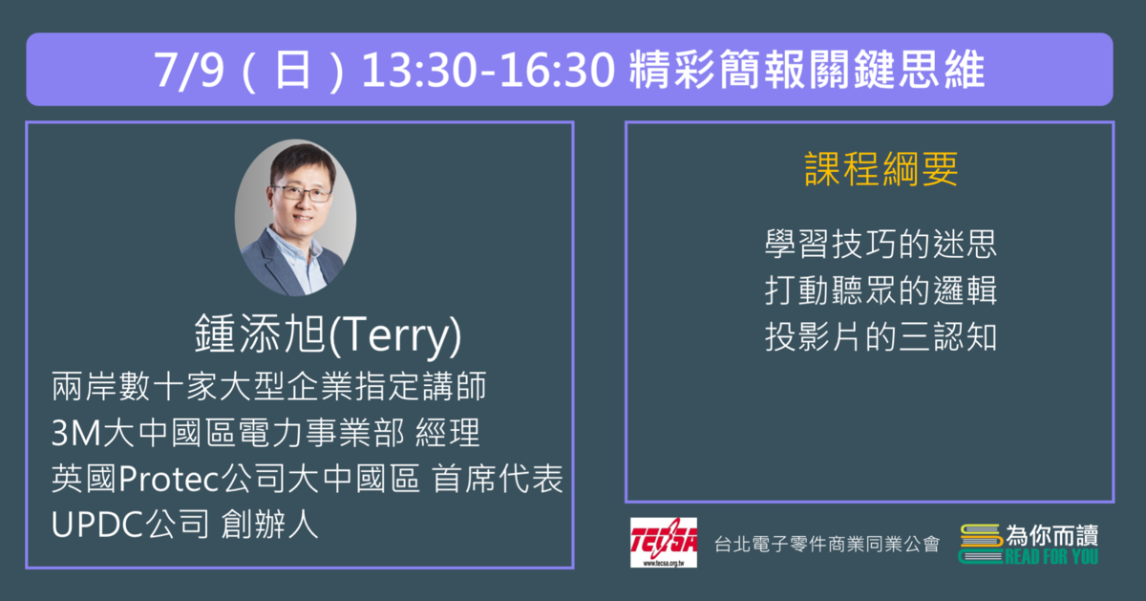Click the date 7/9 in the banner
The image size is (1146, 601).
coord(189,70)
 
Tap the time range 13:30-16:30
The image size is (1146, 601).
coord(489,70)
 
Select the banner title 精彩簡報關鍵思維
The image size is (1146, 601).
coord(807,70)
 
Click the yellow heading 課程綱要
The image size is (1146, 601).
coord(881,168)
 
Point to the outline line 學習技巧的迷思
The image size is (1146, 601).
coord(881,244)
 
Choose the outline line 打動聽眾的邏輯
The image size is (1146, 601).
coord(881,290)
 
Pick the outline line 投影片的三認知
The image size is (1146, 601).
coord(881,337)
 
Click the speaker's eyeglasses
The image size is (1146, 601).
coord(301,193)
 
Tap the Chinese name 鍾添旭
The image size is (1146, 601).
coord(260,333)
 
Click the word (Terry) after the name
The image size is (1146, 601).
coord(394,335)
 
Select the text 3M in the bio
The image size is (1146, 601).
coord(76,433)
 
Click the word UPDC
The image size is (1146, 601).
coord(96,525)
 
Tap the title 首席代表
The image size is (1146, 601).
coord(498,479)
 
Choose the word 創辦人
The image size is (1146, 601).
coord(269,525)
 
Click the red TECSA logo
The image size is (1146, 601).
coord(664,542)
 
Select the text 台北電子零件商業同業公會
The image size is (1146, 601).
coord(827,544)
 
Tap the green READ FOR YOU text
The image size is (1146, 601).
coord(1050,556)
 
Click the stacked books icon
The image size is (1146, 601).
coord(980,545)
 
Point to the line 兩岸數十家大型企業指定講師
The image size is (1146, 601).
coord(268,387)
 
